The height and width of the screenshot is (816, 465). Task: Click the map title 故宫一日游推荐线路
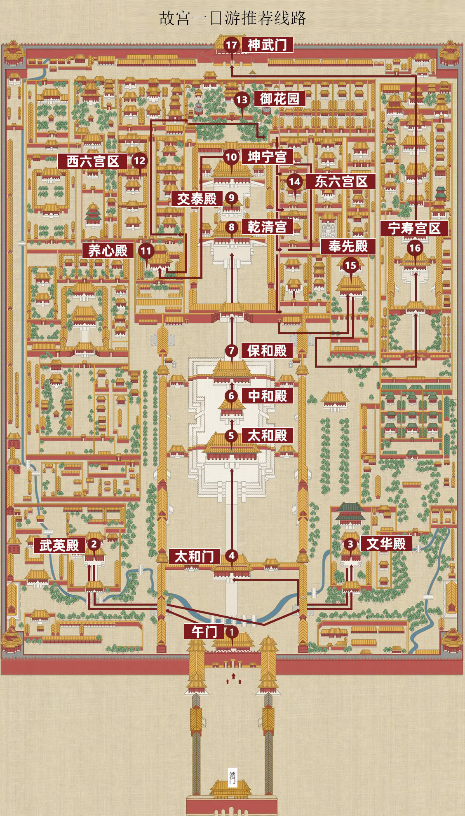point(233,19)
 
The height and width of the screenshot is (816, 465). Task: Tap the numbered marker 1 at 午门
point(232,632)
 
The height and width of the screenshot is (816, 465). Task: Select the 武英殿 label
point(59,546)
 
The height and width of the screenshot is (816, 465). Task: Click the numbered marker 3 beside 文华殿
point(350,544)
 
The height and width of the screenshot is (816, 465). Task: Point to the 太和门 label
point(195,557)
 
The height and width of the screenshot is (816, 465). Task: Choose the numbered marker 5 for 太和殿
point(231,436)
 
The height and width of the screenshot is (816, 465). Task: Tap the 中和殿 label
point(267,396)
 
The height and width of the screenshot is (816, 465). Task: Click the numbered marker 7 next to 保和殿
point(232,351)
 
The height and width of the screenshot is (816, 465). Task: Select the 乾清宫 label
point(267,227)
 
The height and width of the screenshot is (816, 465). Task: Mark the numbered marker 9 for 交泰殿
point(232,198)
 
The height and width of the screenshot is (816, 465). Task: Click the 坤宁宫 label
point(267,157)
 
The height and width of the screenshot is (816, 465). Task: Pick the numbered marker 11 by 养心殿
point(146,251)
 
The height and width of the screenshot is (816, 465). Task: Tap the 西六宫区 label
point(93,161)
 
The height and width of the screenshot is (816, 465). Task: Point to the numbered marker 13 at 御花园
point(242,99)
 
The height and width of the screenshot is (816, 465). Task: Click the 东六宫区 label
point(341,182)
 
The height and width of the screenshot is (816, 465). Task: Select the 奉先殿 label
point(348,246)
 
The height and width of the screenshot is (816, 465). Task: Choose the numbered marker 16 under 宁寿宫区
point(415,248)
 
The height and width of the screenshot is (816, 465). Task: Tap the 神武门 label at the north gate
point(267,45)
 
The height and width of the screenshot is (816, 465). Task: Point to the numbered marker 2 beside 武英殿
point(94,544)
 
